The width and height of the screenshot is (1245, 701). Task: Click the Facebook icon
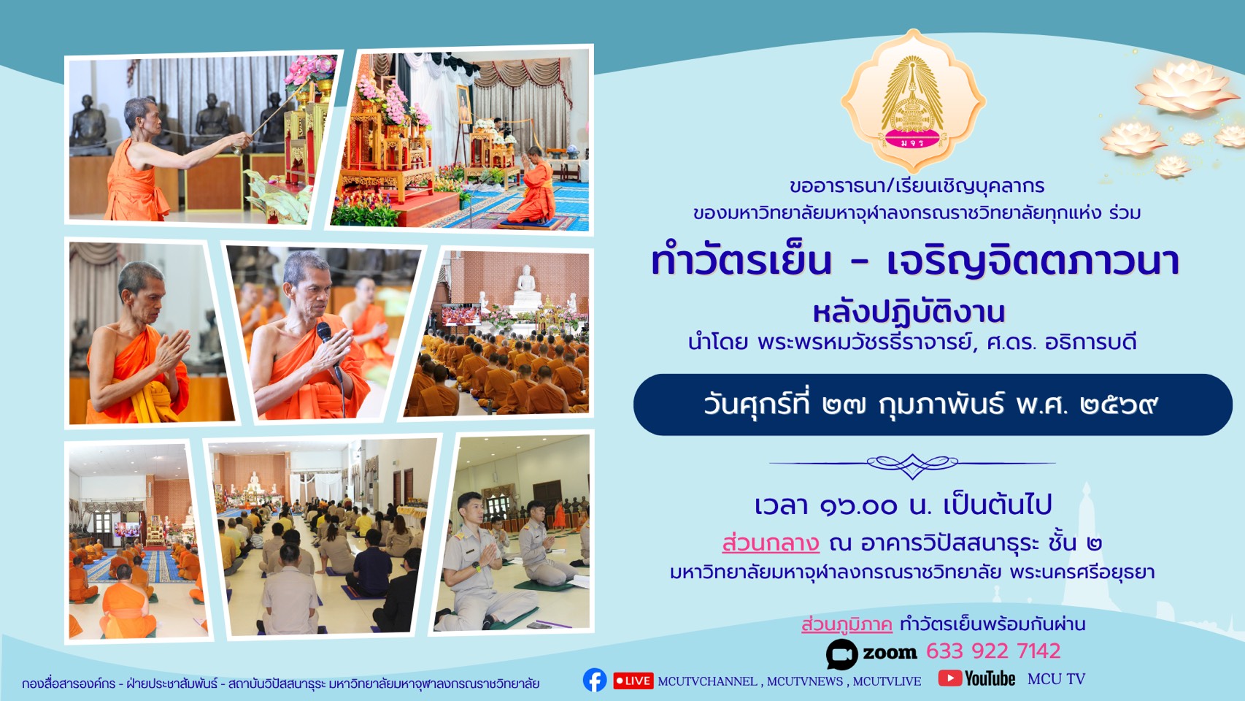pyautogui.click(x=595, y=680)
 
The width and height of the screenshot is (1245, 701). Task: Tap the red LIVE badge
pyautogui.click(x=633, y=681)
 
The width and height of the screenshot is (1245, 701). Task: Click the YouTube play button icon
pyautogui.click(x=950, y=678)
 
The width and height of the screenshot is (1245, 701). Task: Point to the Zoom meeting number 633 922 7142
pyautogui.click(x=993, y=651)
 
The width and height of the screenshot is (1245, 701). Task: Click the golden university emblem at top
pyautogui.click(x=912, y=100)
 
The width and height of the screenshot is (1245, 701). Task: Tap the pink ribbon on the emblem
pyautogui.click(x=912, y=139)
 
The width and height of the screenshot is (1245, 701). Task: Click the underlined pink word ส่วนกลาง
pyautogui.click(x=771, y=543)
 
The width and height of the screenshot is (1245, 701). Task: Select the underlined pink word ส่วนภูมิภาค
pyautogui.click(x=847, y=624)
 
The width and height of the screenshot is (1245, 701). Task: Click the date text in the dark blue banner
pyautogui.click(x=930, y=405)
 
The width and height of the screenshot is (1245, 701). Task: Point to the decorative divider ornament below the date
pyautogui.click(x=912, y=464)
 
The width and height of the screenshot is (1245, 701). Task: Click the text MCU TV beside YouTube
pyautogui.click(x=1056, y=679)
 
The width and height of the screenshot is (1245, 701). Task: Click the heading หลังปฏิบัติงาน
pyautogui.click(x=909, y=313)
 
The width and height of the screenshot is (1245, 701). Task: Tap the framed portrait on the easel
pyautogui.click(x=463, y=104)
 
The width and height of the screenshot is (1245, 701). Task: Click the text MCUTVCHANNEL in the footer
pyautogui.click(x=707, y=681)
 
